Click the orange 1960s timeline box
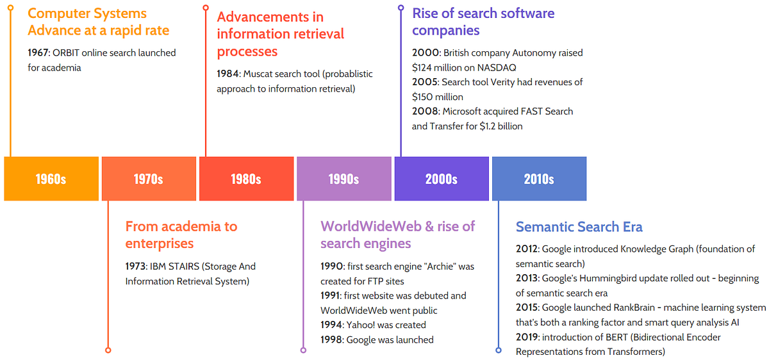tap(51, 179)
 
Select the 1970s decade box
tap(149, 179)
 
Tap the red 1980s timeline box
tap(247, 179)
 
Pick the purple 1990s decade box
tap(344, 179)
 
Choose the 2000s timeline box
tap(442, 179)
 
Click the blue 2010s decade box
tap(539, 179)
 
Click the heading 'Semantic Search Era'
tap(579, 227)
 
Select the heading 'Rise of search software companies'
tap(483, 22)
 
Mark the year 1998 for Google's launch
tap(332, 340)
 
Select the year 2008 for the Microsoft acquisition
tap(424, 111)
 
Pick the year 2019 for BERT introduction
tap(527, 337)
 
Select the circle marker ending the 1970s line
tap(108, 350)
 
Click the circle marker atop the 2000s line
tap(401, 8)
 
